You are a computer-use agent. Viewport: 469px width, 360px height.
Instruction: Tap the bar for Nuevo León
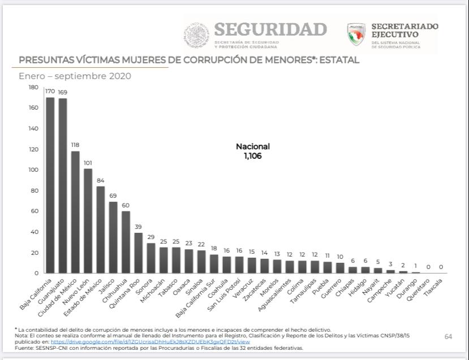click(x=88, y=221)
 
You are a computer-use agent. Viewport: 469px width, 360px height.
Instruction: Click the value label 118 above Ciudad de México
click(x=75, y=145)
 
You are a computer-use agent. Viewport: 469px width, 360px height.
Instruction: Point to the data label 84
click(x=100, y=180)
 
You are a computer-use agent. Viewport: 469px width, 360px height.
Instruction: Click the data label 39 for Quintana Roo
click(x=138, y=227)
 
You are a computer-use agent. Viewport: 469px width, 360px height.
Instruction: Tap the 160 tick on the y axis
click(x=33, y=108)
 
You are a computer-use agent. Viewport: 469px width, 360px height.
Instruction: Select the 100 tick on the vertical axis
click(x=33, y=170)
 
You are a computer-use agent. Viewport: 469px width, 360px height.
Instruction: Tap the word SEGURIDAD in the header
click(x=270, y=29)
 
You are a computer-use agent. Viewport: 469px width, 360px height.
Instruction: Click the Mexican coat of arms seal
click(x=196, y=35)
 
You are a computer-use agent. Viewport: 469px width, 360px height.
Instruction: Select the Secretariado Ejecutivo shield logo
click(x=356, y=34)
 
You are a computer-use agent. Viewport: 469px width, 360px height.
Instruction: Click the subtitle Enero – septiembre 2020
click(x=75, y=76)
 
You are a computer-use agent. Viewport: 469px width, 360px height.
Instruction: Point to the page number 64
click(x=448, y=337)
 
